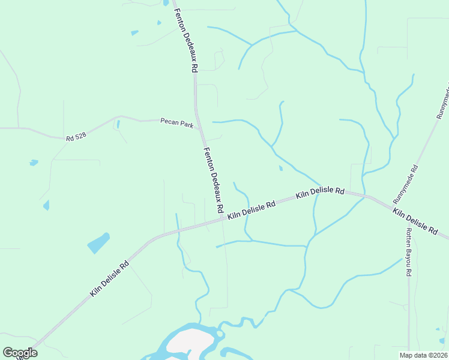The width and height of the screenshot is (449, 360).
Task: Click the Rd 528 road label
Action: pyautogui.click(x=76, y=136)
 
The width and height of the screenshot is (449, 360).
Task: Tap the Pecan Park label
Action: pyautogui.click(x=176, y=122)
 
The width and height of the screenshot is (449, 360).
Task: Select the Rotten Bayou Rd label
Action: pyautogui.click(x=409, y=252)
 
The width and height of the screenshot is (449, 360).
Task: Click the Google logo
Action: pyautogui.click(x=20, y=352)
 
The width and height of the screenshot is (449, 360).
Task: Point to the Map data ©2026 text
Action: pyautogui.click(x=423, y=355)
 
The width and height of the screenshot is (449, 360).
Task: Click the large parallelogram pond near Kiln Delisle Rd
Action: pyautogui.click(x=98, y=243)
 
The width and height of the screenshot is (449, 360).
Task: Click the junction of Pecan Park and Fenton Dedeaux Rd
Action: pyautogui.click(x=199, y=128)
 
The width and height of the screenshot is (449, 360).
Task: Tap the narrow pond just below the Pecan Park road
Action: pyautogui.click(x=118, y=125)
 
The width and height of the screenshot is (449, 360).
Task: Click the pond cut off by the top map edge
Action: pyautogui.click(x=166, y=2)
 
